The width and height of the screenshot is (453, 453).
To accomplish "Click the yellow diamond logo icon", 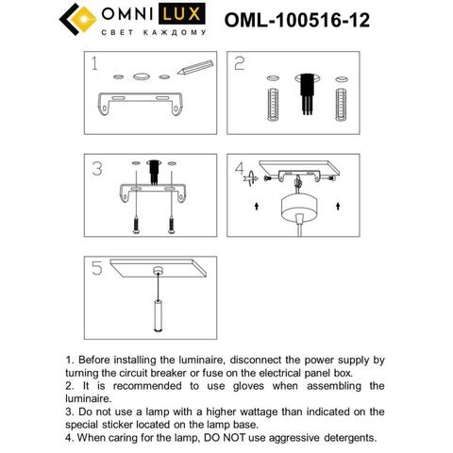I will click(75, 21).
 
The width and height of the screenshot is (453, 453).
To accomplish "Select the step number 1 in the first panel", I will click(93, 65).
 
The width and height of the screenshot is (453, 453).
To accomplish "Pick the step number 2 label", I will click(240, 64).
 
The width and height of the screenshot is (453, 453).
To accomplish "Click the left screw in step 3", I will click(138, 226).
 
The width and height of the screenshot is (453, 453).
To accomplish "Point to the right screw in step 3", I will click(171, 226).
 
